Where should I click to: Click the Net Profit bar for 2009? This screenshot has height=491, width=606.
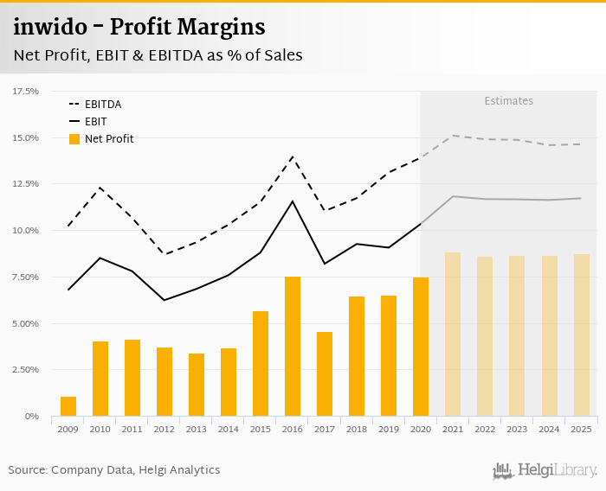point(68,406)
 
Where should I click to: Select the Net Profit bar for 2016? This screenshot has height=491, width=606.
point(293,347)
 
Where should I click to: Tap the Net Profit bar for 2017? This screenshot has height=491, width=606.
point(325,374)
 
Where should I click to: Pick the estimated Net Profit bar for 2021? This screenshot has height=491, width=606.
point(453,335)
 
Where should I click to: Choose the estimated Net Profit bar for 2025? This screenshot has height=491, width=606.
point(581,335)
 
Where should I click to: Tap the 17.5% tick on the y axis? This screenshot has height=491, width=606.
point(26,91)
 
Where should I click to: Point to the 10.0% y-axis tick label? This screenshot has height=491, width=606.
point(26,231)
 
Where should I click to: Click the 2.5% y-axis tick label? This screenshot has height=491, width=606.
point(26,370)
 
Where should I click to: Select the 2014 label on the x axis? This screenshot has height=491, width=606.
point(229,429)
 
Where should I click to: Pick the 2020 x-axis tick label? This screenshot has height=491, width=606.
point(421,429)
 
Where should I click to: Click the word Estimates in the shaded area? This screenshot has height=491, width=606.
point(508,101)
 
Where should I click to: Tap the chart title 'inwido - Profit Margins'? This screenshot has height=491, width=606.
point(139,28)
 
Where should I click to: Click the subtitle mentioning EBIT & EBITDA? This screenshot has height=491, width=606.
point(158,55)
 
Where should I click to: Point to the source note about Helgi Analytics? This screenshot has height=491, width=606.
point(114,470)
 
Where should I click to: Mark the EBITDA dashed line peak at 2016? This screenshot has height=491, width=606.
point(293,156)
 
